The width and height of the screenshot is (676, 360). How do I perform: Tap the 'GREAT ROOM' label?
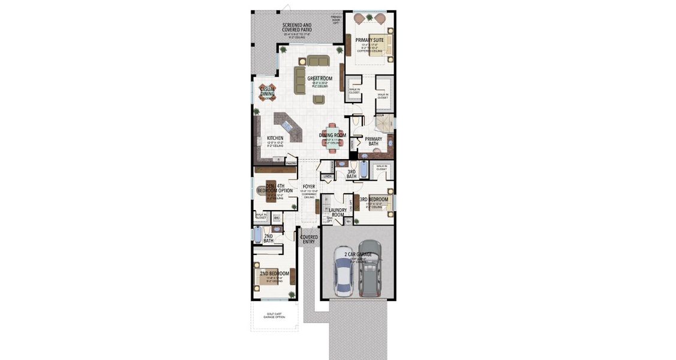click(x=320, y=79)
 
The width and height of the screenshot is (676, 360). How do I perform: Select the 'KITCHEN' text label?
click(x=275, y=138)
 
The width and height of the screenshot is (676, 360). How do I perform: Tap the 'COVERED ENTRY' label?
click(x=310, y=239)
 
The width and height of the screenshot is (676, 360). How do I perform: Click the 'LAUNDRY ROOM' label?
click(x=338, y=212)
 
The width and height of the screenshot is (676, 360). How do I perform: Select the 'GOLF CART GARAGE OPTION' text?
click(x=272, y=316)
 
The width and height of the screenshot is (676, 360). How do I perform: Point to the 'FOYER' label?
click(x=309, y=187)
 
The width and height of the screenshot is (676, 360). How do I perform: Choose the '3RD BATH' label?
click(x=351, y=174)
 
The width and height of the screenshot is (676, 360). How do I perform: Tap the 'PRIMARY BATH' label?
click(x=373, y=141)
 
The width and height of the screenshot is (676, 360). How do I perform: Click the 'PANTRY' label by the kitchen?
click(x=291, y=163)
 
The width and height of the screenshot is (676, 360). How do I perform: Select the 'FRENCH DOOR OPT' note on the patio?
click(x=338, y=19)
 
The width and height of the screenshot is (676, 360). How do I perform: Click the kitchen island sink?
click(x=288, y=127)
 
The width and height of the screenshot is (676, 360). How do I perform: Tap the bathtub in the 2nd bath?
click(x=257, y=235)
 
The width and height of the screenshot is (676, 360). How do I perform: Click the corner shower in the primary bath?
click(x=382, y=123)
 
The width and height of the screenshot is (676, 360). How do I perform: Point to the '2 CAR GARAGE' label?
click(x=358, y=254)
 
